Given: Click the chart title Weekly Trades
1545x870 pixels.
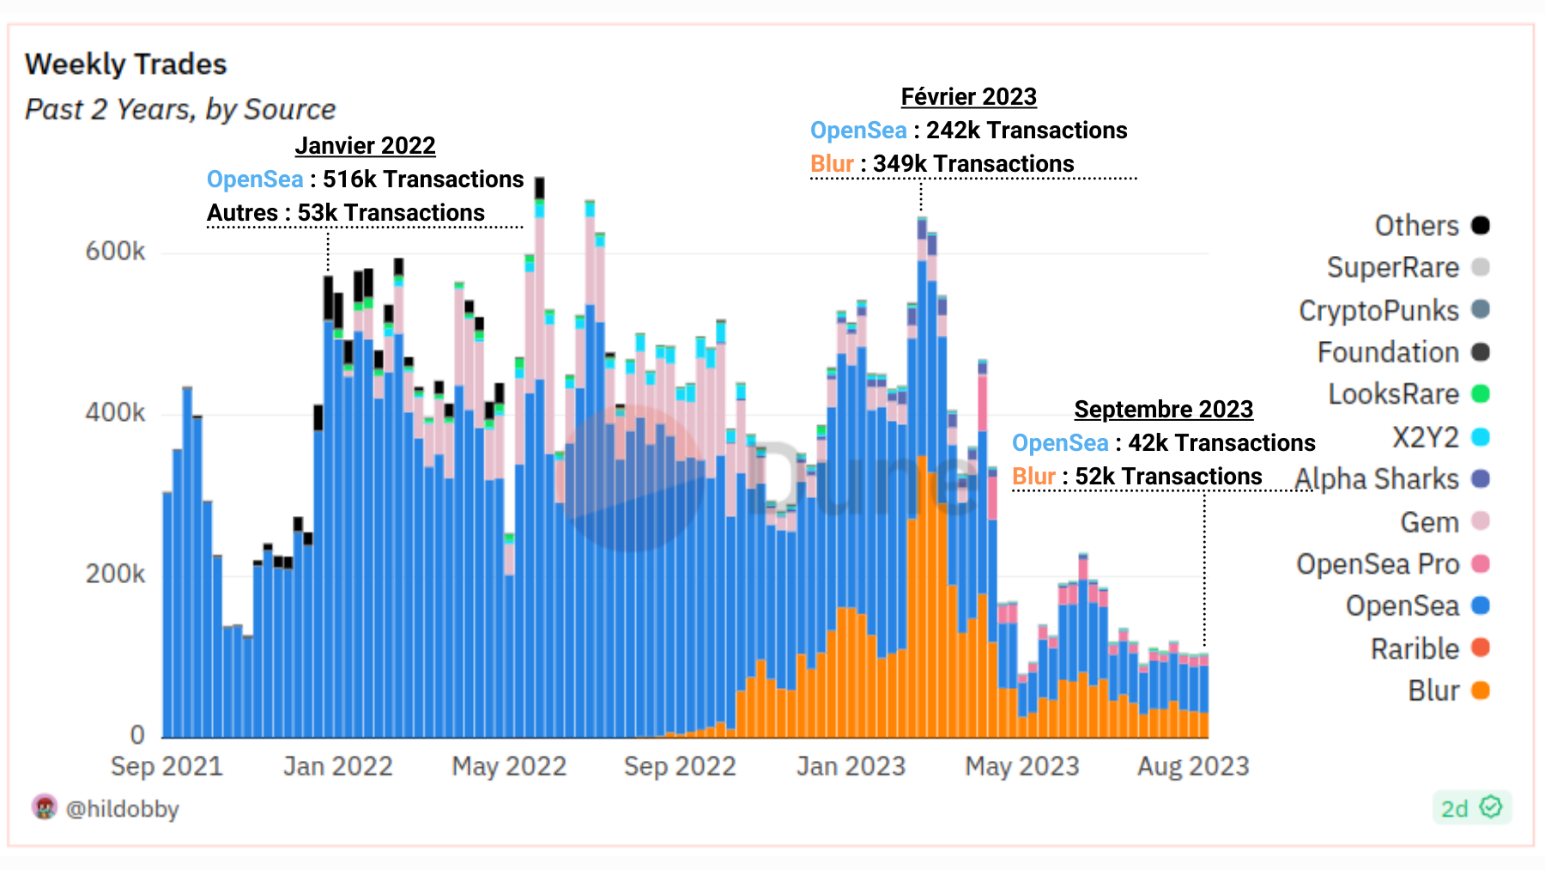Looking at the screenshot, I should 125,64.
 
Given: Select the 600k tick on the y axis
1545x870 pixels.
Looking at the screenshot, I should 115,252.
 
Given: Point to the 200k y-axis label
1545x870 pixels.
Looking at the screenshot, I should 115,575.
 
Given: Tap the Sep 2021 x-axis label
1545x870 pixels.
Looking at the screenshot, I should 167,766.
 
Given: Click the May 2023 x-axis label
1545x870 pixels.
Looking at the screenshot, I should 1021,766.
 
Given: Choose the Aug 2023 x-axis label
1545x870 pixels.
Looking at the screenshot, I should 1192,766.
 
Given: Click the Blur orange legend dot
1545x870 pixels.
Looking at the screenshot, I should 1480,691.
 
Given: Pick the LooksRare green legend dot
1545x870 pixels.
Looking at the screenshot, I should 1480,394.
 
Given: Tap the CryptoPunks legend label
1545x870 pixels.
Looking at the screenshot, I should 1378,310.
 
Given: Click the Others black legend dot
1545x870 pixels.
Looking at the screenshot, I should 1480,225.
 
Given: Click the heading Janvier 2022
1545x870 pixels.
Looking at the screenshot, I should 365,146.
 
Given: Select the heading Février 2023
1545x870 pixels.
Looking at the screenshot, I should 968,97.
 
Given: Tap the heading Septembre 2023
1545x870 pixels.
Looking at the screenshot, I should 1163,410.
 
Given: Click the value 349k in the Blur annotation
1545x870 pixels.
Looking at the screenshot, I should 899,164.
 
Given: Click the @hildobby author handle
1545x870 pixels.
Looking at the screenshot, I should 122,809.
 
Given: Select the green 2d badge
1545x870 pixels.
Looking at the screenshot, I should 1471,808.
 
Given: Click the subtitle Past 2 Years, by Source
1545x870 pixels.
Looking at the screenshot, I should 180,110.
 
